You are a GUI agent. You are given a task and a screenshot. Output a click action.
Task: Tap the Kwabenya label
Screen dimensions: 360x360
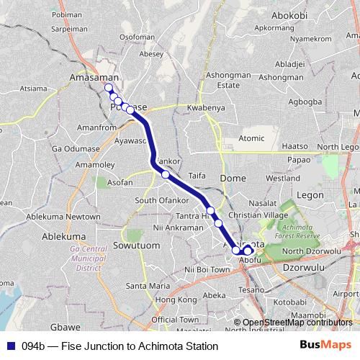(206, 108)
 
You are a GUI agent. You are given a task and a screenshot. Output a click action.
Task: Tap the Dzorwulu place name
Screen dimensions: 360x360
(305, 266)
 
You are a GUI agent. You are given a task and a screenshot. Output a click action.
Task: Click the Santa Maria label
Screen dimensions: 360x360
(148, 285)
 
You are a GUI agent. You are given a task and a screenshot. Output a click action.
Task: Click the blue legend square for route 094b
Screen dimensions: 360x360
(11, 346)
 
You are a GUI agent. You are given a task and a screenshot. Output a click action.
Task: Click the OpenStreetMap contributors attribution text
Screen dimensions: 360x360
(297, 322)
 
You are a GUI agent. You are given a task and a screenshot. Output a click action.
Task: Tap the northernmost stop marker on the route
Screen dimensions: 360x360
(109, 88)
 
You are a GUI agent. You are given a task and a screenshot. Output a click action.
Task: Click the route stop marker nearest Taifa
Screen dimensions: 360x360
(166, 174)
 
